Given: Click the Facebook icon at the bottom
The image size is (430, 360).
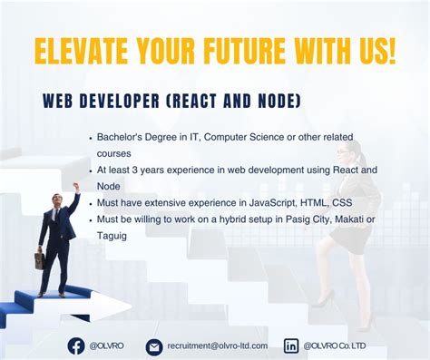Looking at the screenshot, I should [x=76, y=345].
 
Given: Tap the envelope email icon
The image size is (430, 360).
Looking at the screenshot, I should [x=154, y=346].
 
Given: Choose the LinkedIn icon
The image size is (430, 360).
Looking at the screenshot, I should [x=291, y=345].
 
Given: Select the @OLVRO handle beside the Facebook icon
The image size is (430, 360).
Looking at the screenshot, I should [x=106, y=345].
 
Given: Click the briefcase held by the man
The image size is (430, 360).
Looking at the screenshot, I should [x=40, y=260].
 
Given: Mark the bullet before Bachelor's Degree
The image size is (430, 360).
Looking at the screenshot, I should [x=91, y=138].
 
